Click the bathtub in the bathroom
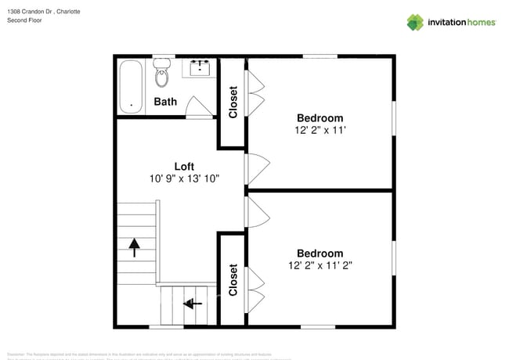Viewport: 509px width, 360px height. point(130,86)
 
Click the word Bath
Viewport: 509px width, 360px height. point(165,102)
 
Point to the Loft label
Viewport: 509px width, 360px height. point(184,166)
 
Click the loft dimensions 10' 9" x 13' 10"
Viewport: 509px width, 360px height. point(185,178)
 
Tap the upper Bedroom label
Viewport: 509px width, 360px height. point(319,118)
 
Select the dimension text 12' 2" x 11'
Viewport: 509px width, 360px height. point(319,131)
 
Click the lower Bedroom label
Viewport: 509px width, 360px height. point(319,253)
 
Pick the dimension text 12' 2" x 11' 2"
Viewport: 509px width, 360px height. point(319,265)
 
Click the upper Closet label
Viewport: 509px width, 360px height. point(233,102)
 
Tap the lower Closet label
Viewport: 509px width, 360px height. point(233,279)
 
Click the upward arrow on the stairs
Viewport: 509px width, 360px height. point(135,247)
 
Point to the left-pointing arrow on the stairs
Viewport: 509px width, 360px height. point(191,303)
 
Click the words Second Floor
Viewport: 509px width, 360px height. point(24,20)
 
